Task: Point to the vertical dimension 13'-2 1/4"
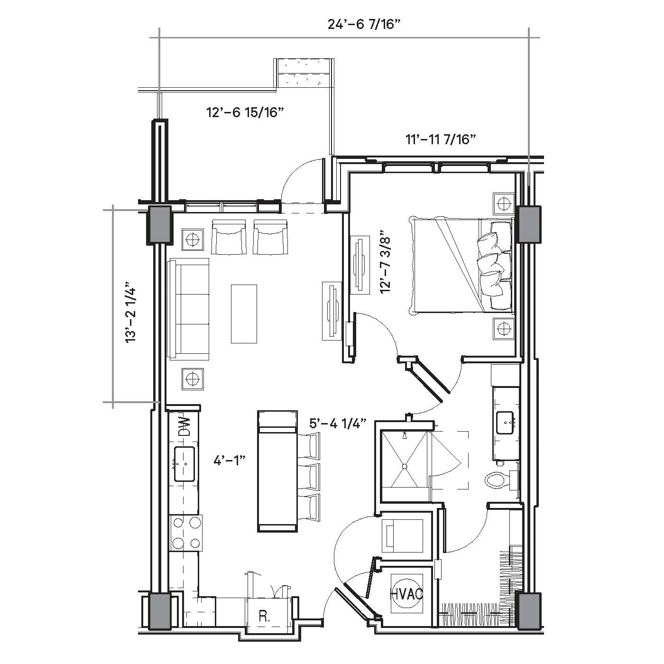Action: click(x=131, y=312)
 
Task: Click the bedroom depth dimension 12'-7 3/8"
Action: click(x=386, y=264)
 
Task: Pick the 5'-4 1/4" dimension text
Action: click(x=337, y=423)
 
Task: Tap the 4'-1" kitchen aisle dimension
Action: click(x=229, y=461)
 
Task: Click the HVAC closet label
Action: click(x=406, y=594)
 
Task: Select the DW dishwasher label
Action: click(x=184, y=426)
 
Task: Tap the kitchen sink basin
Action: click(x=184, y=464)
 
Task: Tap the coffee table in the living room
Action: click(x=244, y=314)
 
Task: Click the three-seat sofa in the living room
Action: click(x=188, y=309)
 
